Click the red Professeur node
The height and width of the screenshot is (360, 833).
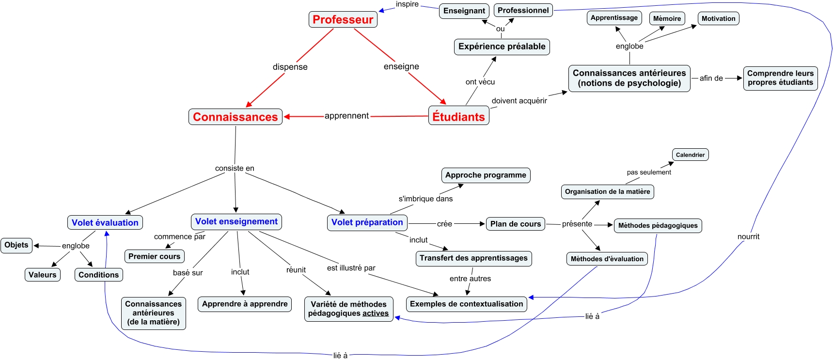[343, 19]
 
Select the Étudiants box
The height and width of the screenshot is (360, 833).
[458, 116]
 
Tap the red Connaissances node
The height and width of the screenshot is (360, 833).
[235, 117]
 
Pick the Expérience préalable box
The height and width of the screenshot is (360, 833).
[502, 47]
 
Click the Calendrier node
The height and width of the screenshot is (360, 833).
[690, 155]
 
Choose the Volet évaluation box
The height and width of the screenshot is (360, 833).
[105, 222]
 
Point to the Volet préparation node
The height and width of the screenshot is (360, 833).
[367, 222]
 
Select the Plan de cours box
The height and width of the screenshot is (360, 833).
[515, 224]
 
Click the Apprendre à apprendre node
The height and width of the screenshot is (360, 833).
[245, 304]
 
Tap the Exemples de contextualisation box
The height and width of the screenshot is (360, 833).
[466, 304]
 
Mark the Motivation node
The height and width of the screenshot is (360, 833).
[718, 18]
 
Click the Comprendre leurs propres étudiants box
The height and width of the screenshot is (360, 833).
[780, 78]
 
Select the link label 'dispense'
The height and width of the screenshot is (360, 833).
[290, 67]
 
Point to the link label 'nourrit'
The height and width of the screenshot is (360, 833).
[748, 236]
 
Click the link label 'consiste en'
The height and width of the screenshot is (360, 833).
[235, 168]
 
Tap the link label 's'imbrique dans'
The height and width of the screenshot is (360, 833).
[425, 199]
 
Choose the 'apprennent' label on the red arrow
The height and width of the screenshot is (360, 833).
[346, 116]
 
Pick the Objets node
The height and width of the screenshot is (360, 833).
[16, 245]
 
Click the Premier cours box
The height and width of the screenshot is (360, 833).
[154, 256]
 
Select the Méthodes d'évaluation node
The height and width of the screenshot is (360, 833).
[607, 259]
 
